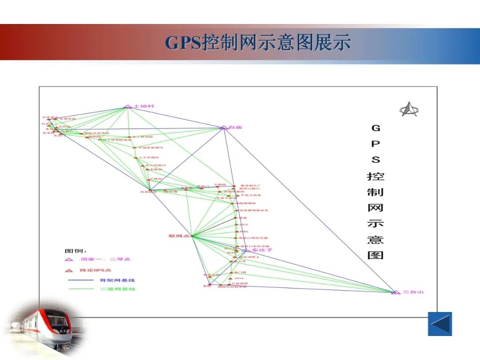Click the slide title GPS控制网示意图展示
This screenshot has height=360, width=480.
point(258,42)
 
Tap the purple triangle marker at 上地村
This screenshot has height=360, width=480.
point(128,106)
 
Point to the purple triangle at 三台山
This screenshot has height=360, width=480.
point(395,292)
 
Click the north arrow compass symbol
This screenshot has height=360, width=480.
point(408,109)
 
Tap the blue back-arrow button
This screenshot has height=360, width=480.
point(440,324)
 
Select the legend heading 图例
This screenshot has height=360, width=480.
point(76,251)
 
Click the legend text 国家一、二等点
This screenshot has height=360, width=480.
point(105,259)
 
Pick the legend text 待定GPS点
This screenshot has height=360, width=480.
point(96,270)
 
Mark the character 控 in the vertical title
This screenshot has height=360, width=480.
point(376,176)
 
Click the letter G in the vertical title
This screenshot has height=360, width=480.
point(376,128)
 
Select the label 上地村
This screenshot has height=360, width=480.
point(144,106)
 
